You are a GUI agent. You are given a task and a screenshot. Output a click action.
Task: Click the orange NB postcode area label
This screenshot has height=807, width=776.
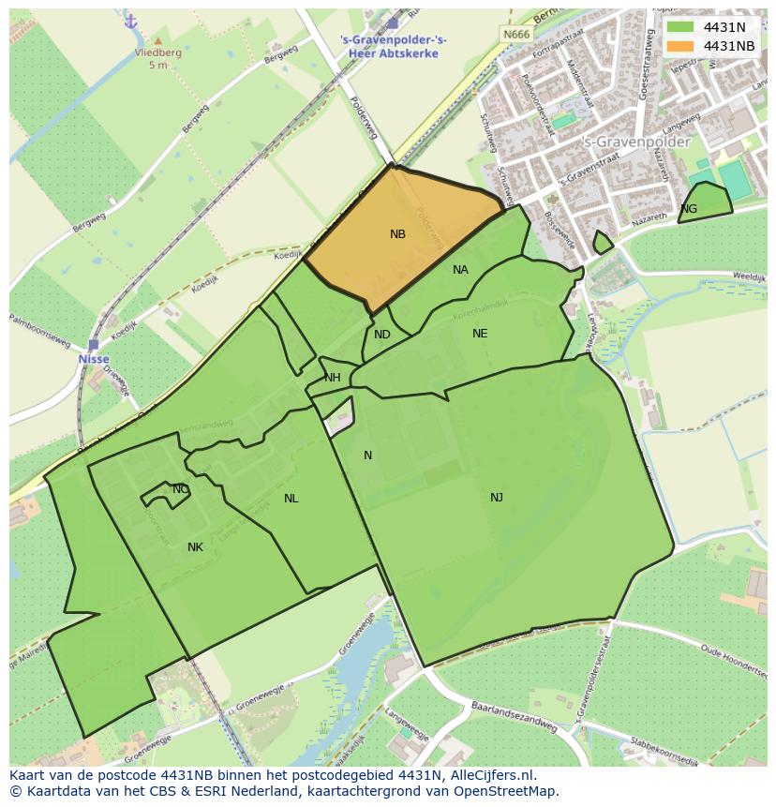(397, 234)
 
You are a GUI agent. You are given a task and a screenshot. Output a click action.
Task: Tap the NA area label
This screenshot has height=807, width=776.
(460, 270)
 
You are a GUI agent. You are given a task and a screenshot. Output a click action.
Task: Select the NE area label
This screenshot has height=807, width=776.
(480, 334)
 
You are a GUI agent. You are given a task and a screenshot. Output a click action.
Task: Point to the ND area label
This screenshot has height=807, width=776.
(381, 335)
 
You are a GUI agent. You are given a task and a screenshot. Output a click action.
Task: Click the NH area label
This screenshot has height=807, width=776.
(332, 378)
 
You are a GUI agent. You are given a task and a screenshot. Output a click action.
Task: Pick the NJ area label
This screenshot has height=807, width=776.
(497, 497)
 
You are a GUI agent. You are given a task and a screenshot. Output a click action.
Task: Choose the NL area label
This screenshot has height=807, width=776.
(291, 499)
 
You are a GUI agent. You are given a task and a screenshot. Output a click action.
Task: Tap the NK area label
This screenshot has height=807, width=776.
(195, 547)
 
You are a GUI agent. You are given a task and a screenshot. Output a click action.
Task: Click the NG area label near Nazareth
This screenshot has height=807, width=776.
(689, 209)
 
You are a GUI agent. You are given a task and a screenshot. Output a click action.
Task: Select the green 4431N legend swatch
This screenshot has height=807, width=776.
(680, 27)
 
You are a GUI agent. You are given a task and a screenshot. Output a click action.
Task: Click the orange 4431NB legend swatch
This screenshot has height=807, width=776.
(680, 46)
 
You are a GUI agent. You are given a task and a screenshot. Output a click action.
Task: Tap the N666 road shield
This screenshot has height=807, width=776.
(515, 35)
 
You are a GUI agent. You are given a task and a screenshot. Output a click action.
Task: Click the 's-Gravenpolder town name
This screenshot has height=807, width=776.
(636, 142)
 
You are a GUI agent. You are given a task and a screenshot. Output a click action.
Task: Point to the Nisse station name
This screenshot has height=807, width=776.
(94, 359)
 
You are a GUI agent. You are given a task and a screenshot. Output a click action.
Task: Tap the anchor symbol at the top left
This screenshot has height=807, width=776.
(130, 21)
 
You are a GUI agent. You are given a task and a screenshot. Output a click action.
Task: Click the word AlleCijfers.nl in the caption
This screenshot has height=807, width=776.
(488, 775)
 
